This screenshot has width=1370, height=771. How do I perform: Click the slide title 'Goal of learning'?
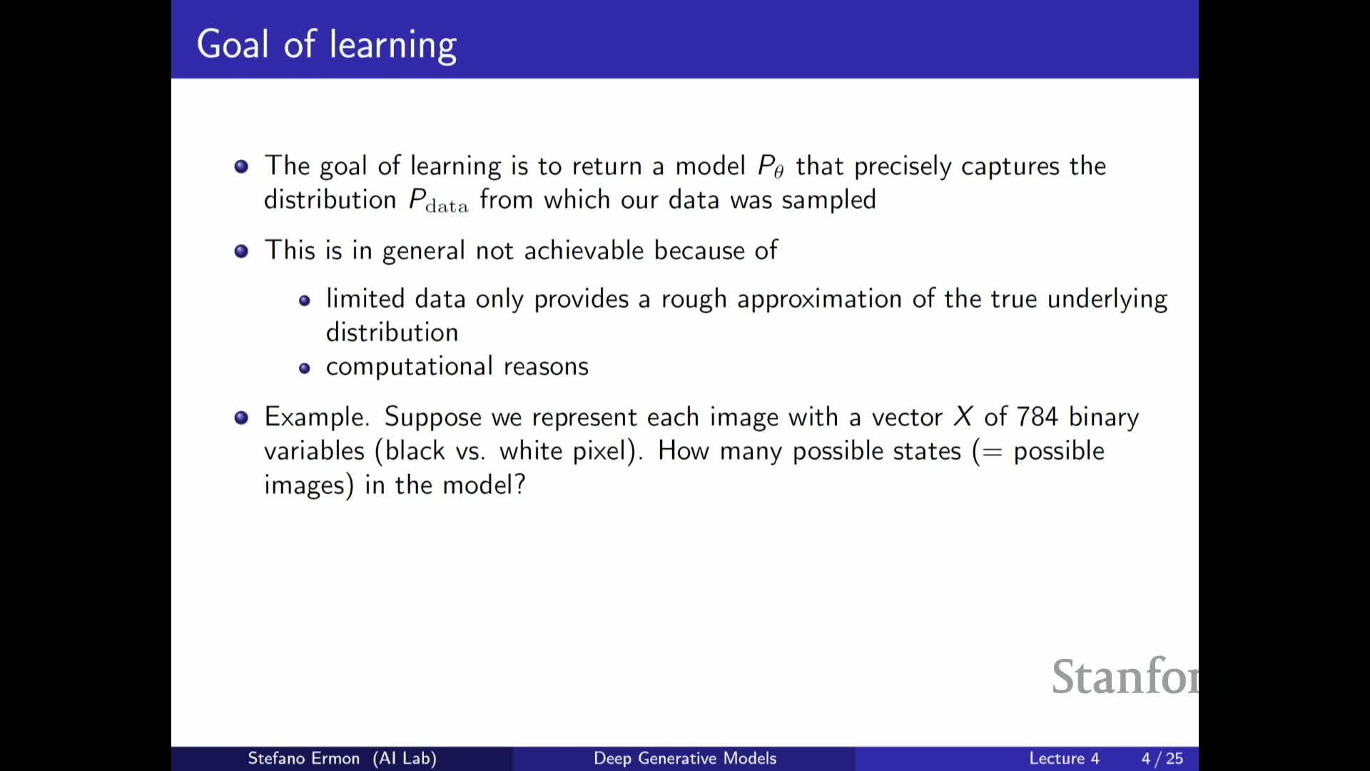tap(327, 45)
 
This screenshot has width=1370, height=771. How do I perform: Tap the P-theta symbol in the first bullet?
tap(771, 166)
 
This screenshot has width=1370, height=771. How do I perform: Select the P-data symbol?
tap(438, 201)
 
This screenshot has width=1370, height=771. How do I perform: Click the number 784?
tap(1037, 416)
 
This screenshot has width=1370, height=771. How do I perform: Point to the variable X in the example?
tap(963, 416)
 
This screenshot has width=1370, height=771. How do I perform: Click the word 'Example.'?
tap(317, 417)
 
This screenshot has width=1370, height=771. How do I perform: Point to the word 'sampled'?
tap(828, 200)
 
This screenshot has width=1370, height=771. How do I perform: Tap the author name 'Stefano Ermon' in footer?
tap(303, 758)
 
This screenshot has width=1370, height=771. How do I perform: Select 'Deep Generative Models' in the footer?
tap(685, 758)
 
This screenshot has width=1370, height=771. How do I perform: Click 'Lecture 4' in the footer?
tap(1064, 758)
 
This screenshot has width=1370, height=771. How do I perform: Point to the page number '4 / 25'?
tap(1162, 758)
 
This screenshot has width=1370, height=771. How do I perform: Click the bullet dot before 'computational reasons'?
tap(305, 368)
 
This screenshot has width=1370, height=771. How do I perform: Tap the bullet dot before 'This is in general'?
tap(241, 251)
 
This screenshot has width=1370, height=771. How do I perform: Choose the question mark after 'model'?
tap(519, 485)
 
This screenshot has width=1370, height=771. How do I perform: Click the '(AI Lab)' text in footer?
tap(405, 758)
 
